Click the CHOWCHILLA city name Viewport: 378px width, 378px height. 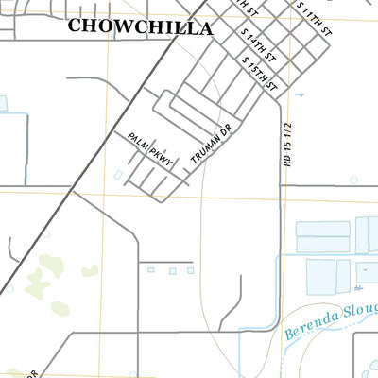click(x=140, y=27)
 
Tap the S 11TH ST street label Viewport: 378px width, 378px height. click(x=315, y=18)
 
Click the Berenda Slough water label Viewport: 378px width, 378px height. click(x=331, y=323)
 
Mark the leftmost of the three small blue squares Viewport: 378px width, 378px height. click(x=149, y=270)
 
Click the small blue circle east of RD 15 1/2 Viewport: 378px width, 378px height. click(x=353, y=179)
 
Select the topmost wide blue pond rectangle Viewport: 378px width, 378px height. click(x=322, y=229)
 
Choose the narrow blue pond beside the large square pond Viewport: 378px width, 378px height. click(x=366, y=275)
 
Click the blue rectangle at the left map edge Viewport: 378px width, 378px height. click(x=3, y=103)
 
